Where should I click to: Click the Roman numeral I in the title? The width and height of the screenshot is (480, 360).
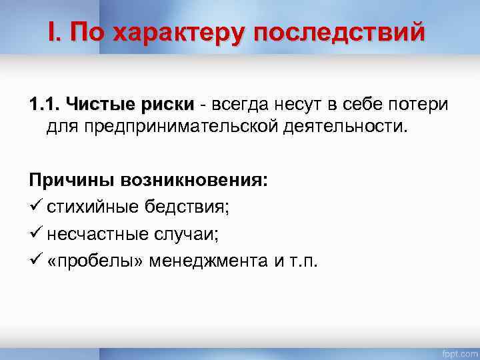pyautogui.click(x=52, y=31)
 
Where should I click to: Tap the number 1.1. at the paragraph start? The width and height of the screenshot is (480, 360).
pyautogui.click(x=44, y=105)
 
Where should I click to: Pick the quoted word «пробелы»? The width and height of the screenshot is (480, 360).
pyautogui.click(x=94, y=259)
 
